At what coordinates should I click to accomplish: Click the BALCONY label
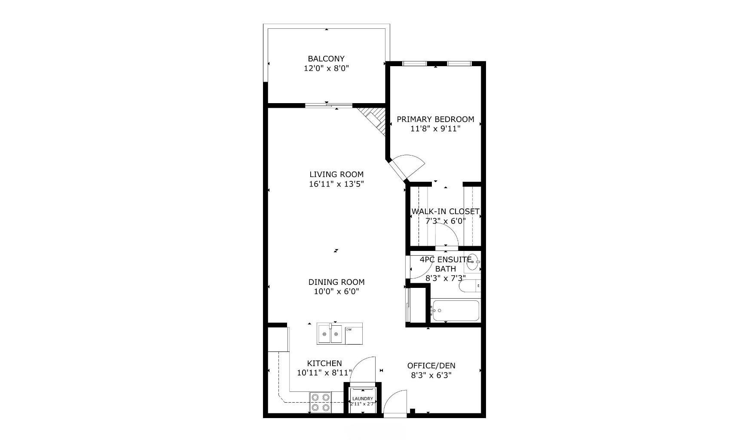326,58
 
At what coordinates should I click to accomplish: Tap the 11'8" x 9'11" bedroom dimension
435,128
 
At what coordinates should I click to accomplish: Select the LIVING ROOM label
336,174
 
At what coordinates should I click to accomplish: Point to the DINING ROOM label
336,282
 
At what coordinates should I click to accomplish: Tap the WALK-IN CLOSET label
445,211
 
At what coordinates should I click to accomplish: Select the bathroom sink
472,263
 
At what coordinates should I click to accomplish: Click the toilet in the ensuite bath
468,286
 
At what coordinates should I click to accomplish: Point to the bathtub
456,311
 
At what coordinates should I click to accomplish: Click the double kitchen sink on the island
330,334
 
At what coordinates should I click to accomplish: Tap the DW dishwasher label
349,330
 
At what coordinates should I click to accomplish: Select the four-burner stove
321,402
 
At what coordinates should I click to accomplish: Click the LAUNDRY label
363,399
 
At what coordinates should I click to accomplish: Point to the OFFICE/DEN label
431,366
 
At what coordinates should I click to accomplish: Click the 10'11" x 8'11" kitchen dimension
324,373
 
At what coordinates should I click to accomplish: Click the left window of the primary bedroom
414,64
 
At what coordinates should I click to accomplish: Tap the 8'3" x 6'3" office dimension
431,375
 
